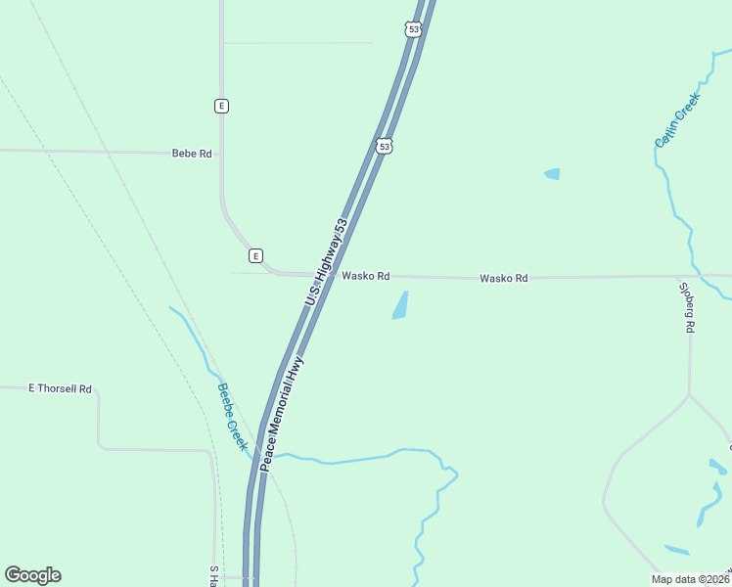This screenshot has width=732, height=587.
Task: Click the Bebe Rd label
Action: tap(192, 154)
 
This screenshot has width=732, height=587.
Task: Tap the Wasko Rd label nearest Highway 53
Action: tap(366, 277)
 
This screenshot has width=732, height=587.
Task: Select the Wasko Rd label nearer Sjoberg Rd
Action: tap(504, 279)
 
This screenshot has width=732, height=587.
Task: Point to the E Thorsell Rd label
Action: tap(60, 388)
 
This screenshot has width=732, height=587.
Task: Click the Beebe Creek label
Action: tap(232, 416)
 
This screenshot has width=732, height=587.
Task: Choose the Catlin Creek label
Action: tap(677, 120)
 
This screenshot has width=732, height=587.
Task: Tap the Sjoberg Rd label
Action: tap(689, 308)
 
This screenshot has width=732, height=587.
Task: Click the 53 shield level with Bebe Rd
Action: tap(385, 146)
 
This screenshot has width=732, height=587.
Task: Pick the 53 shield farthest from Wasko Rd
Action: tap(414, 30)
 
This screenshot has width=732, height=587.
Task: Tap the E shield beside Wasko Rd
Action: tap(255, 256)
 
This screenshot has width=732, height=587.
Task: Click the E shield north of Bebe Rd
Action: tap(222, 106)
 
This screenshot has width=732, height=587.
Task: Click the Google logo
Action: tap(32, 575)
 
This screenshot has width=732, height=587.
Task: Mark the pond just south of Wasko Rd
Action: tap(400, 305)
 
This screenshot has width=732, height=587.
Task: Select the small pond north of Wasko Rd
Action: tap(552, 174)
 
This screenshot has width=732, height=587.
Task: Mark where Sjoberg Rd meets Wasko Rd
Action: tap(690, 277)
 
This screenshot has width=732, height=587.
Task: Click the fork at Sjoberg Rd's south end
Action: tap(689, 395)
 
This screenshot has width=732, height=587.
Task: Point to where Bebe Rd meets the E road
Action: tap(222, 154)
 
